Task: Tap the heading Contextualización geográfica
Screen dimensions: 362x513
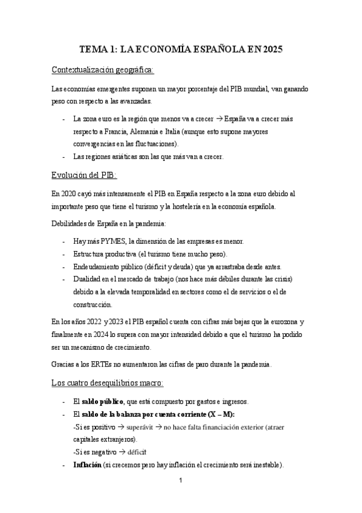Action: click(103, 70)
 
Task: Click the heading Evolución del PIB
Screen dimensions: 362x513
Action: click(85, 175)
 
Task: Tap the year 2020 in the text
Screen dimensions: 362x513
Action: click(69, 194)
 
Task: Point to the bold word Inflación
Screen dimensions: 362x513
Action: click(87, 465)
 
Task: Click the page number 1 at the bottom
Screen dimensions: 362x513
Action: click(181, 482)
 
